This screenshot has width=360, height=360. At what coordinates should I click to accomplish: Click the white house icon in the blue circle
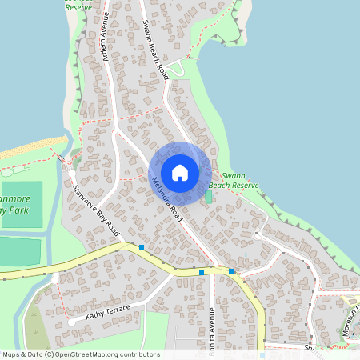point(180,173)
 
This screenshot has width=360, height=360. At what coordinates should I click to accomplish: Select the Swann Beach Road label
point(154,49)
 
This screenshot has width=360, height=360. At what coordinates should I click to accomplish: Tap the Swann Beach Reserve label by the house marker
point(239,180)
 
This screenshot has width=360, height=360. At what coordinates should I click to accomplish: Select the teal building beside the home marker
point(210,196)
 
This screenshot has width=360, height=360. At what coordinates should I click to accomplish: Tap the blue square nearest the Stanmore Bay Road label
point(141,247)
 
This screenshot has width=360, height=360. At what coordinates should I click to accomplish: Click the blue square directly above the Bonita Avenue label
point(202,273)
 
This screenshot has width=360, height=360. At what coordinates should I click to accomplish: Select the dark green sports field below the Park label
point(18,251)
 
